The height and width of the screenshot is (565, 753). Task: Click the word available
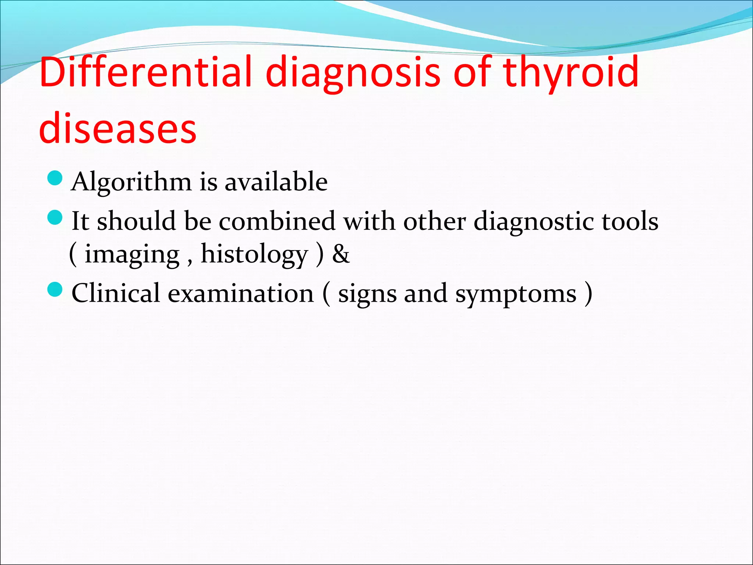tap(276, 182)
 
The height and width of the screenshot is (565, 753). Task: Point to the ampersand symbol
tap(341, 255)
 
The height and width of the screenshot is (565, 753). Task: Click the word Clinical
tap(116, 293)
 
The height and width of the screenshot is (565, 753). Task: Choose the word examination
tap(241, 294)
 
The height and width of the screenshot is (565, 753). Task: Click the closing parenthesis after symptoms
tap(588, 294)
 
